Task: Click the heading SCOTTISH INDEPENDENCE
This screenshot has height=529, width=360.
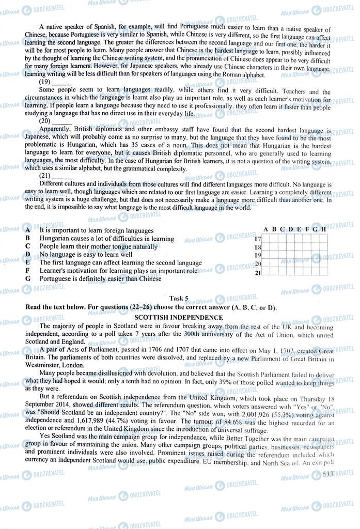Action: point(179,317)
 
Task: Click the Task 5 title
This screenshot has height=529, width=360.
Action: point(179,298)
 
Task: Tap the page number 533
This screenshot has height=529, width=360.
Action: point(327,474)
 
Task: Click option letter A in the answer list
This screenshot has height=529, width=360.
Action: point(27,230)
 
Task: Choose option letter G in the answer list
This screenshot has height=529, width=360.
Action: point(27,278)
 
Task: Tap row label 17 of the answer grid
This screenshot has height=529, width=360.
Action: point(258,239)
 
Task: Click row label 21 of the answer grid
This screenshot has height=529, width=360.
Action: point(258,272)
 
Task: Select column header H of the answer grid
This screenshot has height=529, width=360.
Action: point(323,229)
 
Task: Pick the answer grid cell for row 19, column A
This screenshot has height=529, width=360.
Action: point(267,256)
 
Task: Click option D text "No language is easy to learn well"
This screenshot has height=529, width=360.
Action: point(86,255)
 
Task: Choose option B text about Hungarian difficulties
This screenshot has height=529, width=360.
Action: point(106,239)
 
